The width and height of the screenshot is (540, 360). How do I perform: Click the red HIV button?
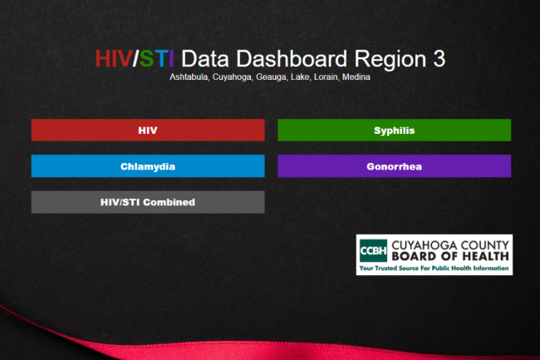point(148,130)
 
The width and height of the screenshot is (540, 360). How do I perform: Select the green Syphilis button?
point(394,130)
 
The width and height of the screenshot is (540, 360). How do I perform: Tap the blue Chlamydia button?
point(148,166)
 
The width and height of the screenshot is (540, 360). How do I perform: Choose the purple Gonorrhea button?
point(394,166)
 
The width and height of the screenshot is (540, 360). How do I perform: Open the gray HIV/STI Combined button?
point(148,202)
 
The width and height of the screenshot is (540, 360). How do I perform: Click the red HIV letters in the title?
point(113,58)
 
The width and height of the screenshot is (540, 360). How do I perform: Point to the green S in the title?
point(146,58)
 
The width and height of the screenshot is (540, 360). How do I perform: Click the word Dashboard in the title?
point(292,58)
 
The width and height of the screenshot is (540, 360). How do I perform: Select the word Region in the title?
point(390,59)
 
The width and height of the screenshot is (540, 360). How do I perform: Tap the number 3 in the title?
point(439,58)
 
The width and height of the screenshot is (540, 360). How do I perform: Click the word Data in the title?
point(205,58)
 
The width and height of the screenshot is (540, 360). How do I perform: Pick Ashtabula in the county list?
point(189,76)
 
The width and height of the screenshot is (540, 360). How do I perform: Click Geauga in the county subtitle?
point(271,77)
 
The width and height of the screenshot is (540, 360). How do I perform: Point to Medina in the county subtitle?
point(356,76)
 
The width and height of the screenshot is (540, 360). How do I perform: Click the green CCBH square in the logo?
point(373,250)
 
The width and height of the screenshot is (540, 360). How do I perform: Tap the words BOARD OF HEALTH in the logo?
point(450,256)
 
